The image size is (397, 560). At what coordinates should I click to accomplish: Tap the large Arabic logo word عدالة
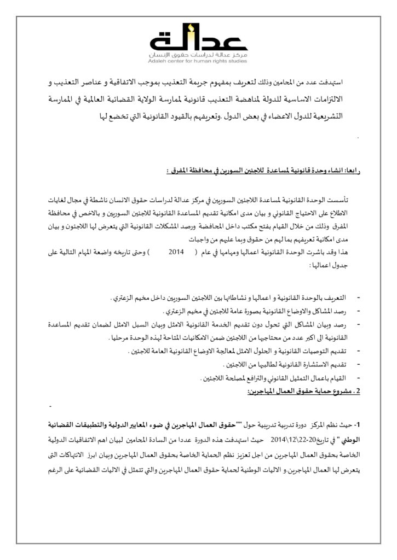click(198, 42)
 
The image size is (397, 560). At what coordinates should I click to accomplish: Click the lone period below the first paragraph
click(357, 136)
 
